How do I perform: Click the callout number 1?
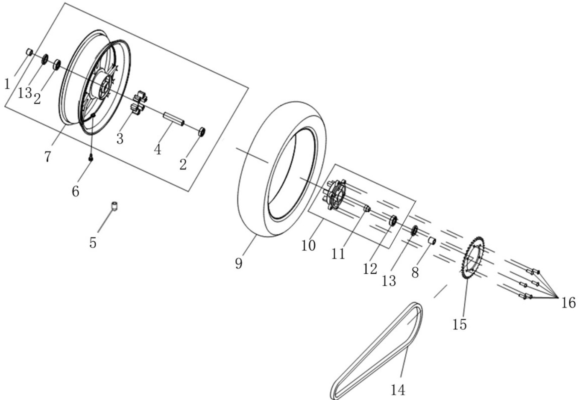[7, 84]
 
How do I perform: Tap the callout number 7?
[47, 157]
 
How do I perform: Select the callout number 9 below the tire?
[239, 263]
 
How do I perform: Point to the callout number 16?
[568, 303]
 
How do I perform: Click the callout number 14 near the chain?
[398, 390]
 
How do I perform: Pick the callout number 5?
[93, 243]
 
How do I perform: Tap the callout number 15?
[460, 324]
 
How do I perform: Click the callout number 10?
[308, 246]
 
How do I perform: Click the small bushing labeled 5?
[114, 206]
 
